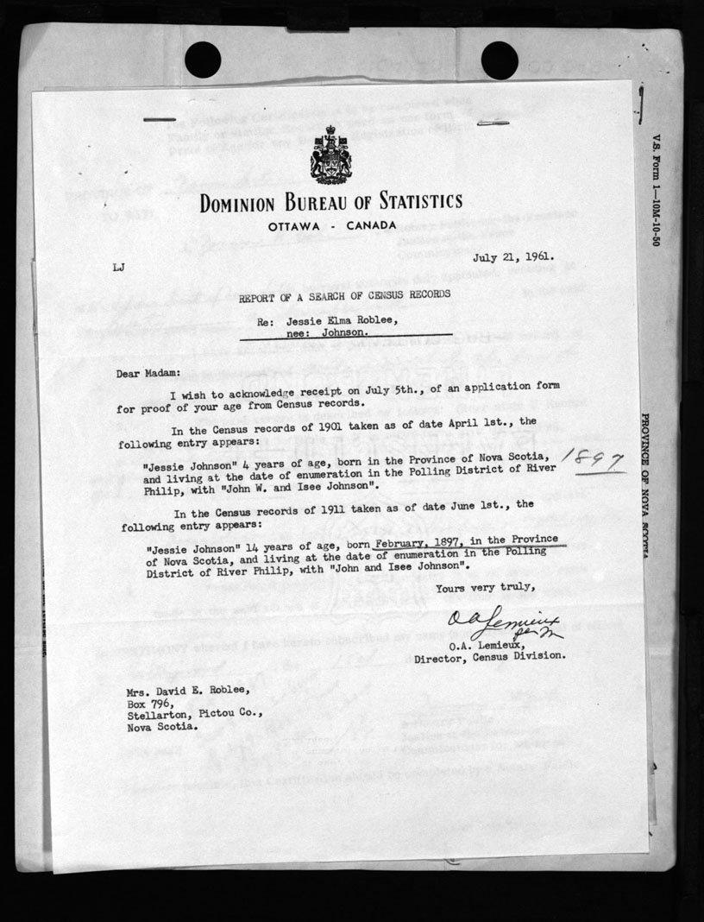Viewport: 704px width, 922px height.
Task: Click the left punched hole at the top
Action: click(203, 59)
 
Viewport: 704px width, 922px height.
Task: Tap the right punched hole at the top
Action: click(499, 59)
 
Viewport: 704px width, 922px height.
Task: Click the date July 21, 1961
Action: click(513, 256)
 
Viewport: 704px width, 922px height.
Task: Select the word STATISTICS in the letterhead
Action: click(409, 203)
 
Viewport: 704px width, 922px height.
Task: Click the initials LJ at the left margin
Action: click(118, 268)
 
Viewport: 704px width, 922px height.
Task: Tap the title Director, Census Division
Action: click(490, 656)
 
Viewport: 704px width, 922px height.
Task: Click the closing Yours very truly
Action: click(486, 588)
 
